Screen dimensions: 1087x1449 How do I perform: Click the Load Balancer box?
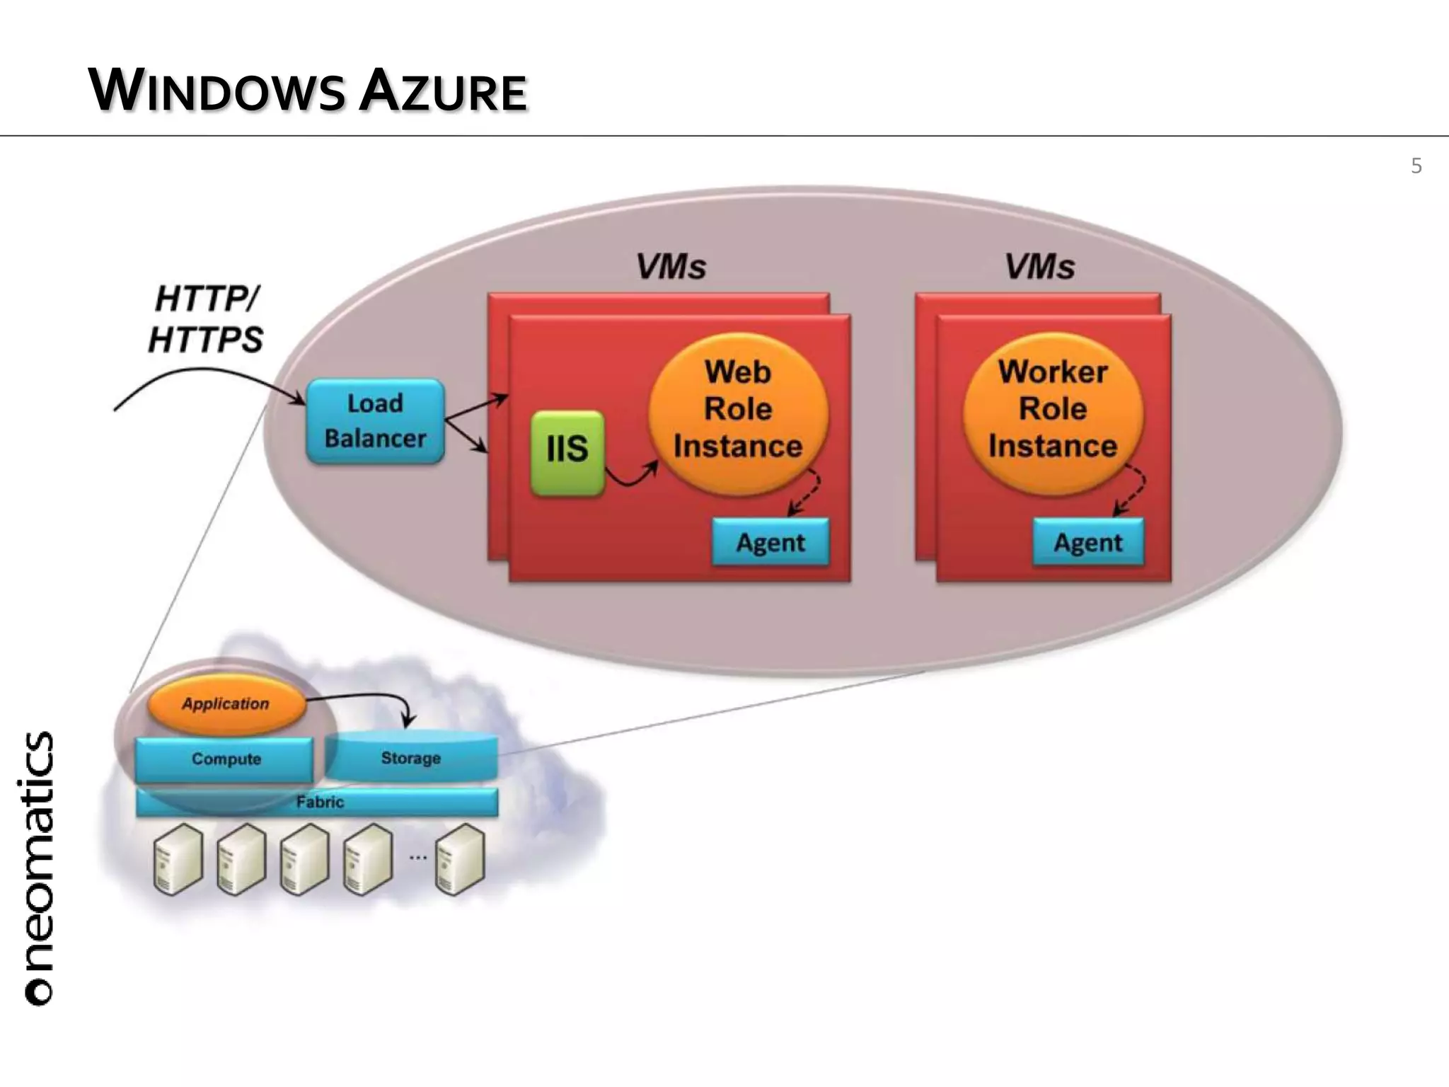[375, 422]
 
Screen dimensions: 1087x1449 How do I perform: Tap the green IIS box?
[567, 452]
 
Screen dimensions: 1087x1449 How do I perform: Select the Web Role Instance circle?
[738, 410]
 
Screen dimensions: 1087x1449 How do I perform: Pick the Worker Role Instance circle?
[1053, 410]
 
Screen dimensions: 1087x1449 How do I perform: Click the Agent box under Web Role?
[770, 543]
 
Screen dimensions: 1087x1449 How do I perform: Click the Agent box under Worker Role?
[1088, 543]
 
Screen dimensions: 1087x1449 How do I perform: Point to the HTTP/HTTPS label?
[206, 319]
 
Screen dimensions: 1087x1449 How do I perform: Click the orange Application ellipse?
[226, 704]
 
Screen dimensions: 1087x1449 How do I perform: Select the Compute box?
[225, 759]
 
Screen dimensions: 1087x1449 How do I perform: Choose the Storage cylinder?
[411, 758]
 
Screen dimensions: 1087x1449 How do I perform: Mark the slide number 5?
[1416, 166]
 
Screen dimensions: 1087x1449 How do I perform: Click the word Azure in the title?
[443, 92]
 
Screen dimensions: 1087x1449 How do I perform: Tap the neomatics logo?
[39, 868]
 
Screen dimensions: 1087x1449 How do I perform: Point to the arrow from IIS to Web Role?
[631, 478]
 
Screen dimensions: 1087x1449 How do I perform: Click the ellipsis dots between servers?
[418, 858]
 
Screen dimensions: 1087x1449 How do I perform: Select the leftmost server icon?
[178, 858]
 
